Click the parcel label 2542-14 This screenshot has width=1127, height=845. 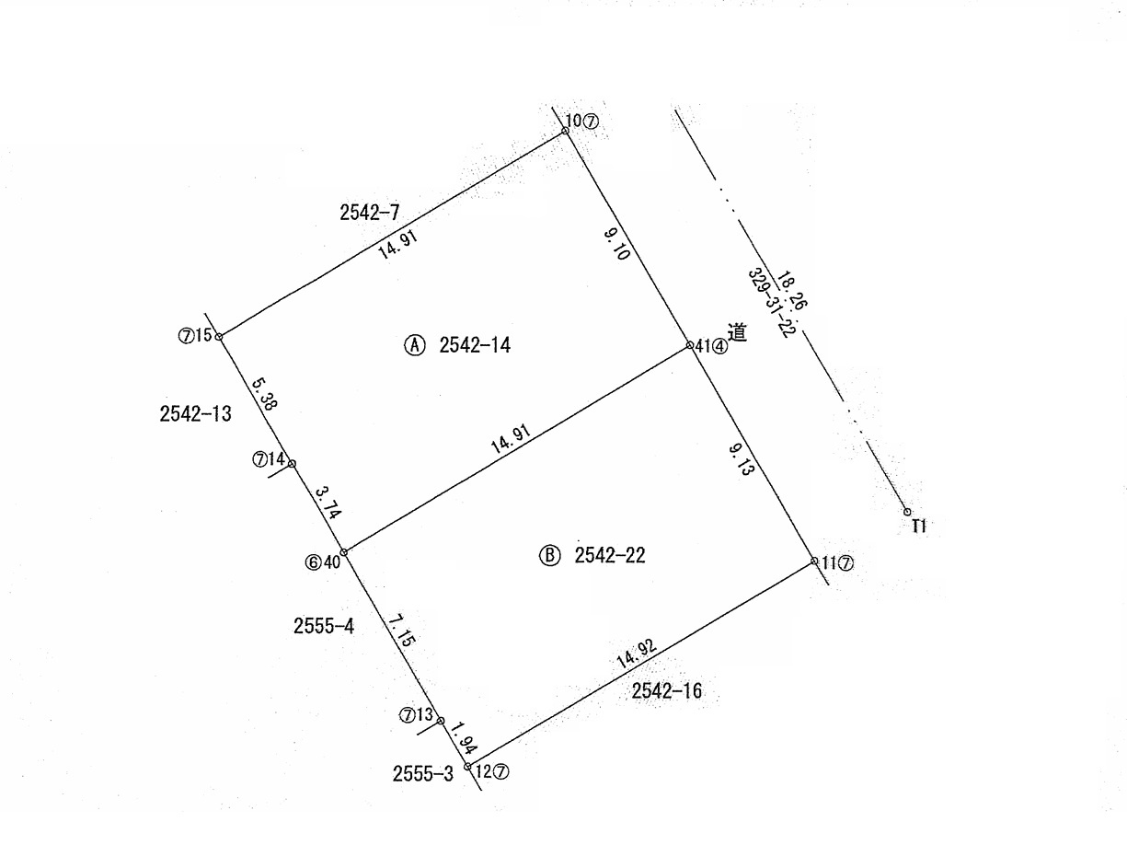[x=475, y=345]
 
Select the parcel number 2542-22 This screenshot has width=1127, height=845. [x=609, y=555]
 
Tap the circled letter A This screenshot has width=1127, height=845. [x=414, y=345]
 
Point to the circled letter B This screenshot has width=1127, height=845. [x=549, y=556]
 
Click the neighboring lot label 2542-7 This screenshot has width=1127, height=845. [x=369, y=212]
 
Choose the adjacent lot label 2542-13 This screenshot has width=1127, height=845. [x=195, y=413]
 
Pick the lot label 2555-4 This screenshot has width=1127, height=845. [x=324, y=626]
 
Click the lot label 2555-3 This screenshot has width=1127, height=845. [x=423, y=773]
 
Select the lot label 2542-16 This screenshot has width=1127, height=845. [x=666, y=691]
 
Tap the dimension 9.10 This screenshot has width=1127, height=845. [x=616, y=245]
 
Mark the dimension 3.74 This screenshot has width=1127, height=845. [x=328, y=504]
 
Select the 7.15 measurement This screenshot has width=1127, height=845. [x=402, y=631]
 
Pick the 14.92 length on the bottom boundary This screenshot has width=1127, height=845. [x=636, y=654]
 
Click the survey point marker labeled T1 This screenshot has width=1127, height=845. [x=907, y=512]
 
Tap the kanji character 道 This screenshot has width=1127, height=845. [x=737, y=332]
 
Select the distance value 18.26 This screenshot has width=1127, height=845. [x=791, y=291]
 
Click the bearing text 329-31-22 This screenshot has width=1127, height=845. [x=768, y=303]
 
